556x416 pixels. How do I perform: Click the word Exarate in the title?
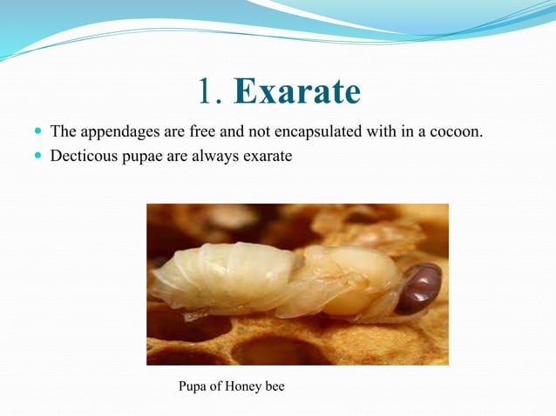click(x=297, y=92)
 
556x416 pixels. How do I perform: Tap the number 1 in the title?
click(x=207, y=92)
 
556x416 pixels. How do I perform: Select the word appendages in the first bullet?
click(x=117, y=133)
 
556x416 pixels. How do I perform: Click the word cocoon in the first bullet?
click(x=457, y=133)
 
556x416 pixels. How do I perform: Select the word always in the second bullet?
click(x=215, y=158)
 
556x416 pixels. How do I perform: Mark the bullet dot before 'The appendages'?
click(x=37, y=133)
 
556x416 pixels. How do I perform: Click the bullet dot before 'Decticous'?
click(x=37, y=158)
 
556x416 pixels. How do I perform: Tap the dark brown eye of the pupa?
click(x=420, y=287)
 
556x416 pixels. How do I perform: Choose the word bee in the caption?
click(x=275, y=386)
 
